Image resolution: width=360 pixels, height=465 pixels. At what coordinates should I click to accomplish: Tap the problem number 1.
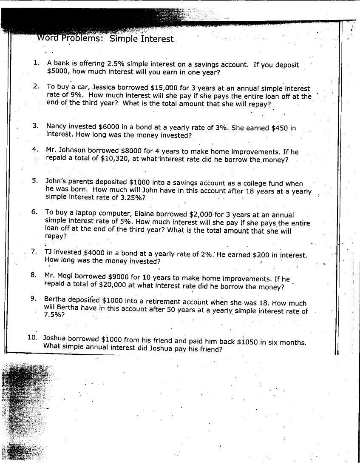(x=37, y=63)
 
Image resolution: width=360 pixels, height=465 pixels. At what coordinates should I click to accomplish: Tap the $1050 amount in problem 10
(x=247, y=342)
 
